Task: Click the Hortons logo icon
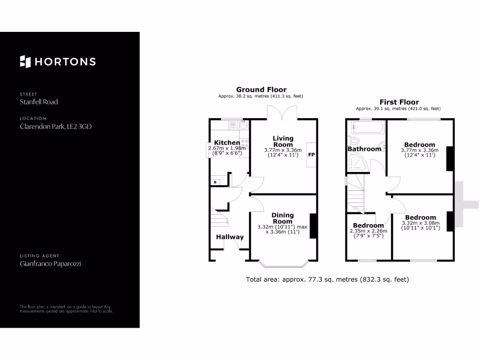(25, 61)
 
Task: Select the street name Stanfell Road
(39, 102)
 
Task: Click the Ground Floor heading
(261, 90)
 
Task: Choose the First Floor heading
(399, 102)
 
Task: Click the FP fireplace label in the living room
(311, 154)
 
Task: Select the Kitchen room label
(227, 142)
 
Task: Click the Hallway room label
(230, 237)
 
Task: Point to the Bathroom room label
(364, 149)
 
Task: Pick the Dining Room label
(283, 218)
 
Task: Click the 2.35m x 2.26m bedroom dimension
(368, 231)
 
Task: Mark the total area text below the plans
(328, 279)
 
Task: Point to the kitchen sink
(243, 125)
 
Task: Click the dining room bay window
(284, 264)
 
